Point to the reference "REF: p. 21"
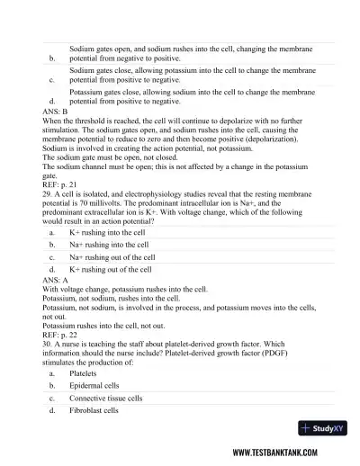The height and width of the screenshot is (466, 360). [x=61, y=196]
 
